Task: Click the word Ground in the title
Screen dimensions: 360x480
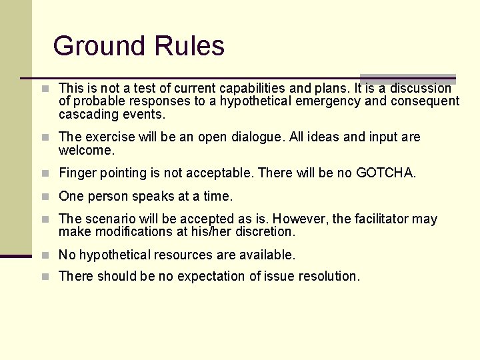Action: (x=100, y=46)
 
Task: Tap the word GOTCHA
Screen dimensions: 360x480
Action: (x=386, y=173)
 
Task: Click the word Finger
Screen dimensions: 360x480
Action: (x=77, y=173)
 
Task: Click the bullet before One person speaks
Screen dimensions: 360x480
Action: (x=45, y=197)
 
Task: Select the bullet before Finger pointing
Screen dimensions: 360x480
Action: (x=45, y=173)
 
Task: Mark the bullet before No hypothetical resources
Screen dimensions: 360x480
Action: (x=45, y=255)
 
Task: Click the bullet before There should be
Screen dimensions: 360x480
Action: (x=45, y=276)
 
